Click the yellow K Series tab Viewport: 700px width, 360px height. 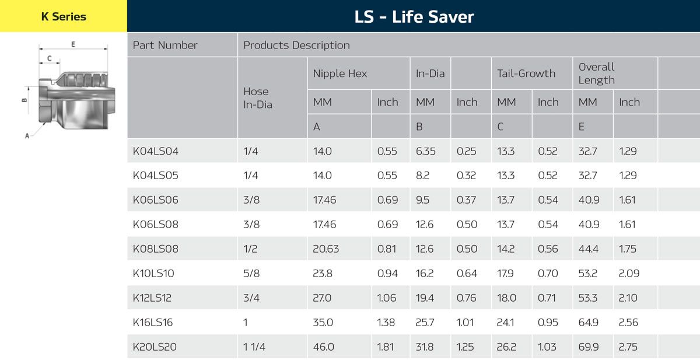click(x=63, y=16)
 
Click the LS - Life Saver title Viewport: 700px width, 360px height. click(x=414, y=16)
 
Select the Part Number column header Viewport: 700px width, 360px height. click(x=165, y=45)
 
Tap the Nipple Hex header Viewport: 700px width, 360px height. click(x=340, y=74)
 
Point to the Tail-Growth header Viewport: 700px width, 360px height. click(x=526, y=74)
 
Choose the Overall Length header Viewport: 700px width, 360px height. click(x=597, y=74)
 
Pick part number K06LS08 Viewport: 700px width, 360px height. click(x=156, y=225)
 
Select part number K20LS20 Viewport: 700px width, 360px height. click(x=155, y=347)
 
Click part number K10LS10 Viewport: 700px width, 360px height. click(x=153, y=274)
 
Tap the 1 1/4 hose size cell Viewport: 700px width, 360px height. click(x=254, y=347)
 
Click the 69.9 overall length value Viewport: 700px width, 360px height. click(x=588, y=347)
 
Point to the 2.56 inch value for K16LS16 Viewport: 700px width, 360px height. click(x=628, y=323)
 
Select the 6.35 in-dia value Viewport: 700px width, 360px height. click(x=425, y=151)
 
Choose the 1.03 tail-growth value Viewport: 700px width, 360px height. click(x=548, y=347)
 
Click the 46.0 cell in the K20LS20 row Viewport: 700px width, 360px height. click(x=323, y=347)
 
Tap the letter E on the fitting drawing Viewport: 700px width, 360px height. click(x=73, y=44)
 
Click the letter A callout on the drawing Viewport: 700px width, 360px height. click(x=27, y=136)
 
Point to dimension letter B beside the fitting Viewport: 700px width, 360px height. click(x=24, y=100)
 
